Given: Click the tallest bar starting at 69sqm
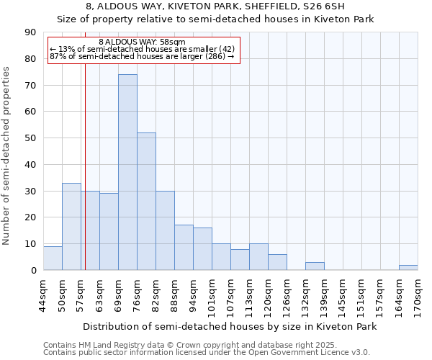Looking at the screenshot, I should (x=127, y=173).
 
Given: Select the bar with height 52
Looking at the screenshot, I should (x=146, y=202).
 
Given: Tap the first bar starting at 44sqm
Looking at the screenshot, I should (x=53, y=258).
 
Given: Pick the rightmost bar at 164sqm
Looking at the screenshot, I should (x=408, y=268).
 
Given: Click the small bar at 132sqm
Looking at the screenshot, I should (x=315, y=266).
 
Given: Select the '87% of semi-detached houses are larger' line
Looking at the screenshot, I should (x=142, y=56).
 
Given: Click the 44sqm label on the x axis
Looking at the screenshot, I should (x=44, y=294).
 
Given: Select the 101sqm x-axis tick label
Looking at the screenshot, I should (x=212, y=294).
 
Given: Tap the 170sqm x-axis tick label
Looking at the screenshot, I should (x=418, y=294).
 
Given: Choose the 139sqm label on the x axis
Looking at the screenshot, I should (x=325, y=294).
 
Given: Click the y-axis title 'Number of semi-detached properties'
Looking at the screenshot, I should (x=7, y=155).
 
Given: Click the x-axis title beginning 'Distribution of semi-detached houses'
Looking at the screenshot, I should (x=230, y=326).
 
